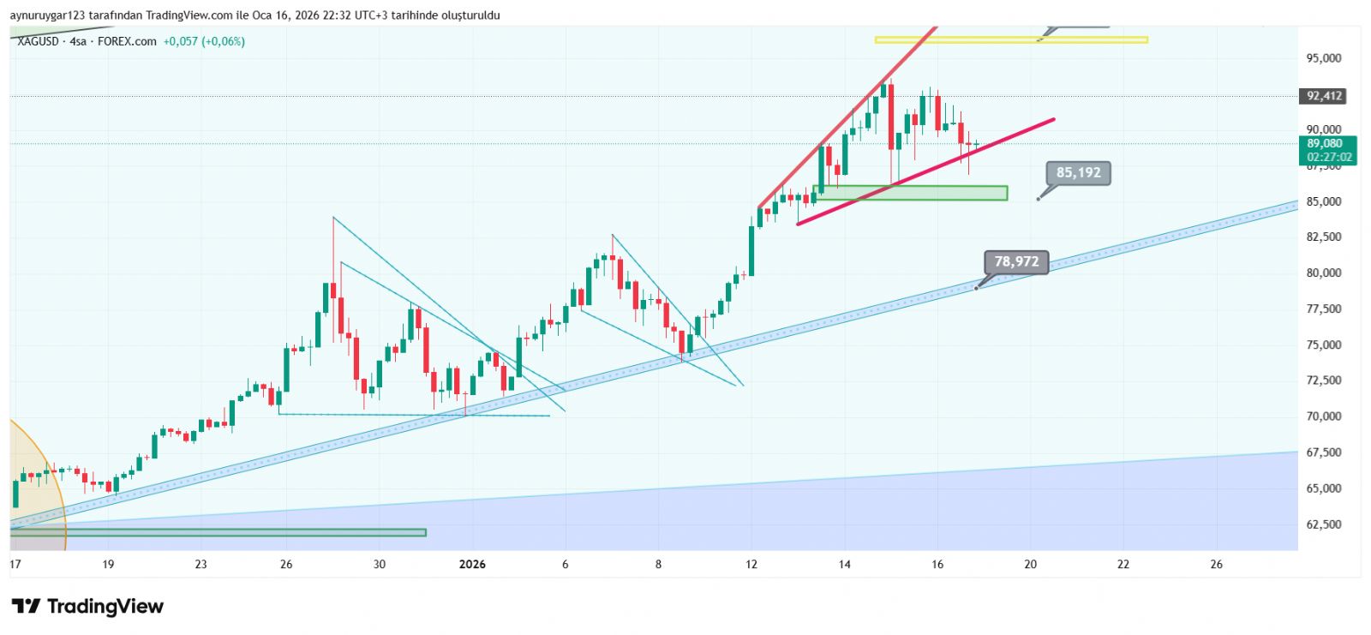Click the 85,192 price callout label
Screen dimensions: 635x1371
tap(1078, 173)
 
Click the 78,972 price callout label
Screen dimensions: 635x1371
tap(1016, 261)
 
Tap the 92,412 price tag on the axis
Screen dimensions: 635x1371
tap(1324, 96)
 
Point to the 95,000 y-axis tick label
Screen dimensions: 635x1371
tap(1323, 58)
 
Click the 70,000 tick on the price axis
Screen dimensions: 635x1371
tap(1323, 416)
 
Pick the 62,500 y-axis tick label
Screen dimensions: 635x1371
tap(1323, 524)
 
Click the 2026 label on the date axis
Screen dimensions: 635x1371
tap(472, 564)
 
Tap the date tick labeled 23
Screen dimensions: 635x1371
tap(201, 564)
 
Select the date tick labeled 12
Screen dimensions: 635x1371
tap(751, 564)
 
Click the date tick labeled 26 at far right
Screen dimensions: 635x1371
tap(1216, 564)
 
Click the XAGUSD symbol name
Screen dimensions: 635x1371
tap(39, 41)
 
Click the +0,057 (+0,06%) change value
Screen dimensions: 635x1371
tap(204, 41)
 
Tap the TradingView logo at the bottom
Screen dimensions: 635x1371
tap(87, 607)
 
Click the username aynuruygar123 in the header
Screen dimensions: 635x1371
tap(49, 15)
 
